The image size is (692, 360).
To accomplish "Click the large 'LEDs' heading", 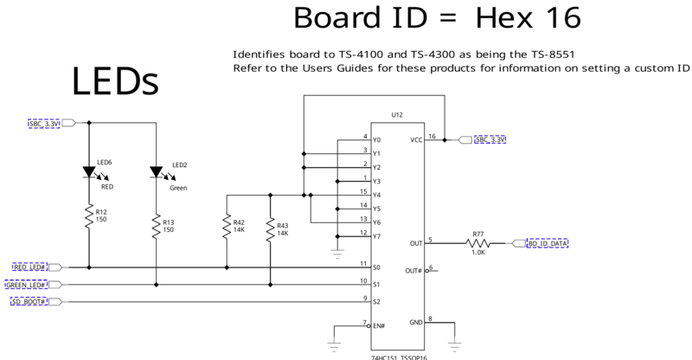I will [114, 81].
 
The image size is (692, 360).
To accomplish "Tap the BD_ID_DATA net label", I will [548, 244].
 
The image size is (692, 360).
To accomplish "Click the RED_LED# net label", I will [29, 267].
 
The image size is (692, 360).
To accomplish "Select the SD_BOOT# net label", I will [29, 301].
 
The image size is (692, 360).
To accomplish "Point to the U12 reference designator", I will [397, 114].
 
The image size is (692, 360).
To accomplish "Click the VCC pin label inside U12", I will [415, 139].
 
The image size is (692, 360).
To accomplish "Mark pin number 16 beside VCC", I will [432, 134].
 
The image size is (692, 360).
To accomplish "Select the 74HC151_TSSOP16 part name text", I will [398, 356].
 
